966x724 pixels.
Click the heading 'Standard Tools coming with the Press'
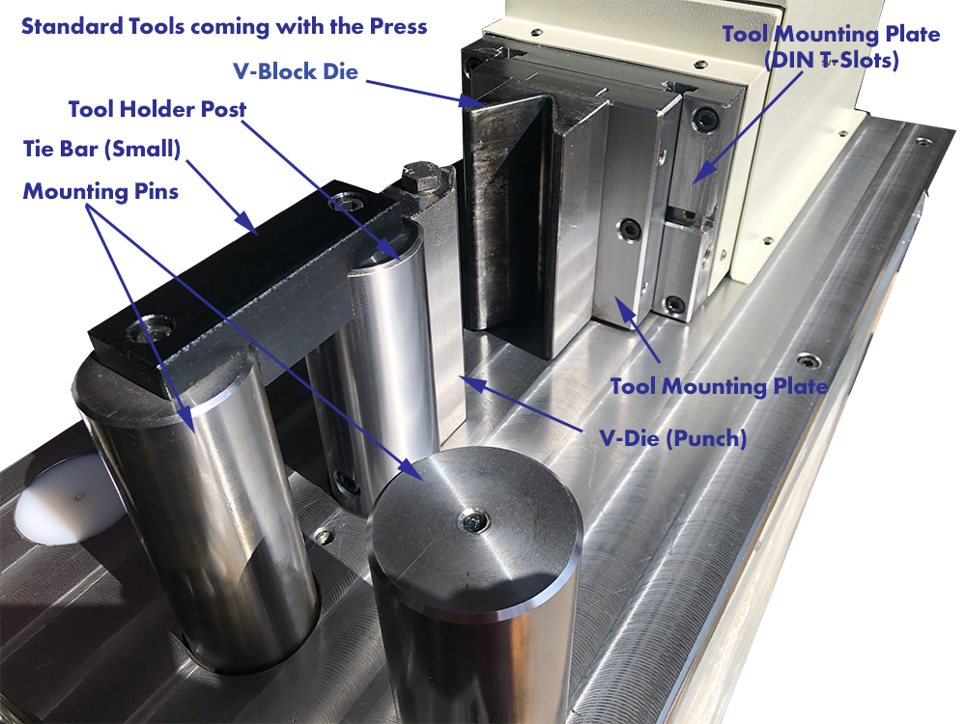223,26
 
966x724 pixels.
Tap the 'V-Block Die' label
294,71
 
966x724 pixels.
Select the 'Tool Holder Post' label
157,109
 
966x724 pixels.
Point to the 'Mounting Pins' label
100,191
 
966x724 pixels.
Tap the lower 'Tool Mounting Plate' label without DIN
719,386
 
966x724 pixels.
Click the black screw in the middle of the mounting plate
630,230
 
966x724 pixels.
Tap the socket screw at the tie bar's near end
152,329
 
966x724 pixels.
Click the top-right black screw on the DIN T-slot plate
706,120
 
